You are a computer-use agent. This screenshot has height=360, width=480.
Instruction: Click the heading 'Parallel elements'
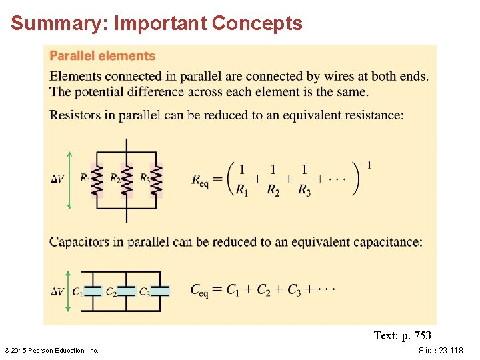point(102,56)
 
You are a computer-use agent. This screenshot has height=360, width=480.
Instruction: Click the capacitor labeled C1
point(94,291)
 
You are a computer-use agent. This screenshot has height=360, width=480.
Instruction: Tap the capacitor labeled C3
point(161,291)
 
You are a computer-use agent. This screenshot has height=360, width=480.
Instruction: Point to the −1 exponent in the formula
point(366,165)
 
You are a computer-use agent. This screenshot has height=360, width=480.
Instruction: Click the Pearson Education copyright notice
point(51,351)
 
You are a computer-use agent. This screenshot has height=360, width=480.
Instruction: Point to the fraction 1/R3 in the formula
point(304,180)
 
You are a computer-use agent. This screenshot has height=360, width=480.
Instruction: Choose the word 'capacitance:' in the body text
point(386,241)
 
